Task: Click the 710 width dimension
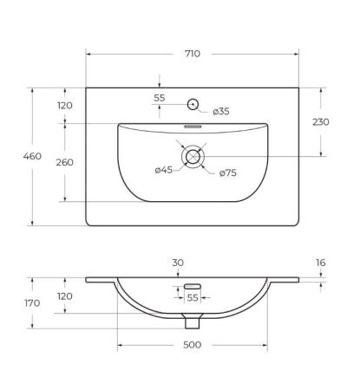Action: pos(192,54)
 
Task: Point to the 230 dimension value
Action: pos(320,122)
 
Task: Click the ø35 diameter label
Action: pos(221,111)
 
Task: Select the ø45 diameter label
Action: pos(165,170)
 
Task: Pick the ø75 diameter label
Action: pos(227,173)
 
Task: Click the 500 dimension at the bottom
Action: pos(192,345)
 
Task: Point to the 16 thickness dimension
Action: pos(320,261)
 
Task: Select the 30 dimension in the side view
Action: pos(178,263)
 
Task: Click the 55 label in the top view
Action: pos(160,98)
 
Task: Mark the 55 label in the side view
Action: pos(193,297)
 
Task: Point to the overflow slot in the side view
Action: pos(193,285)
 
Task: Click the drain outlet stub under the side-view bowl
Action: pos(193,322)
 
